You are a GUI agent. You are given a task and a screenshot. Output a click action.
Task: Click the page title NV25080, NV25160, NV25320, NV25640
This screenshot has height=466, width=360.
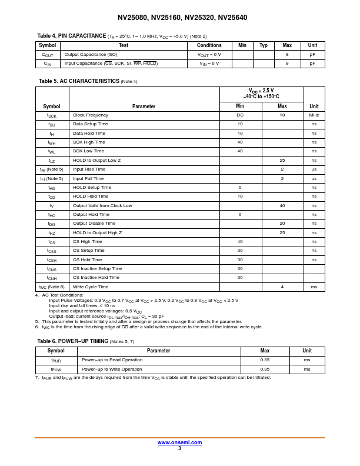click(182, 18)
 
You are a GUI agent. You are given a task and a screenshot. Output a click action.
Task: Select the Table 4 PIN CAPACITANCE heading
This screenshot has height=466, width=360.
click(72, 36)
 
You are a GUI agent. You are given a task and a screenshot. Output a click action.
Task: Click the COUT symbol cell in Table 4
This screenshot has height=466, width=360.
click(48, 55)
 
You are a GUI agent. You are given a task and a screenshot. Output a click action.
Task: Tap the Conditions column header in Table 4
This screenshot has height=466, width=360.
click(209, 45)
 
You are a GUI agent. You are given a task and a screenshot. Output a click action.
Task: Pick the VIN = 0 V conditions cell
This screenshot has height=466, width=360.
click(209, 64)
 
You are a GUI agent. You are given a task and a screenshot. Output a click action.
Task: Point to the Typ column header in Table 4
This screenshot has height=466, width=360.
click(264, 45)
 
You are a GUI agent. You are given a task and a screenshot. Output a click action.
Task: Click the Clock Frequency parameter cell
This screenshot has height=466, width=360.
click(91, 115)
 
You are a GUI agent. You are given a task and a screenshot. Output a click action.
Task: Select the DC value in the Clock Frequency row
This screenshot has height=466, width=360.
click(240, 115)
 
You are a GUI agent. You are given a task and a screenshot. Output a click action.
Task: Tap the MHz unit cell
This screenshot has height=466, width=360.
click(314, 115)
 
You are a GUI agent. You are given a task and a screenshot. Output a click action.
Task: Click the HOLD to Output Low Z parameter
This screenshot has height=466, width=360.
click(96, 160)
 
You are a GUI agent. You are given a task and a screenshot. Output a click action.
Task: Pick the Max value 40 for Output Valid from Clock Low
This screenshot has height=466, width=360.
click(282, 205)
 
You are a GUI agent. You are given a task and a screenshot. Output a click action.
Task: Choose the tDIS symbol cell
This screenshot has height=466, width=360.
click(52, 224)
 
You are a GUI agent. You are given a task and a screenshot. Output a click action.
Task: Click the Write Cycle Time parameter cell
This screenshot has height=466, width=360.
click(91, 287)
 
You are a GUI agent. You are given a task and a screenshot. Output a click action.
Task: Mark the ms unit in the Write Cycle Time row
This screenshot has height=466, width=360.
click(314, 287)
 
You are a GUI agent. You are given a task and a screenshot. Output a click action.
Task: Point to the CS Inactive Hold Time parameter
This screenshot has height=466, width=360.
click(96, 278)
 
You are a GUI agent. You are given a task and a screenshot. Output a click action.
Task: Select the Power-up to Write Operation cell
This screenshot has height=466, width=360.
click(112, 369)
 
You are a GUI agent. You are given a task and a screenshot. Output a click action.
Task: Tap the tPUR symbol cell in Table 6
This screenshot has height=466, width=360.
click(56, 360)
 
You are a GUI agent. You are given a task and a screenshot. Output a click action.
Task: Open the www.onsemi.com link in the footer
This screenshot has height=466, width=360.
click(179, 442)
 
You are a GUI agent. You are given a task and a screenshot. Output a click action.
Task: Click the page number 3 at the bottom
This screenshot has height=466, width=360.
click(179, 448)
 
